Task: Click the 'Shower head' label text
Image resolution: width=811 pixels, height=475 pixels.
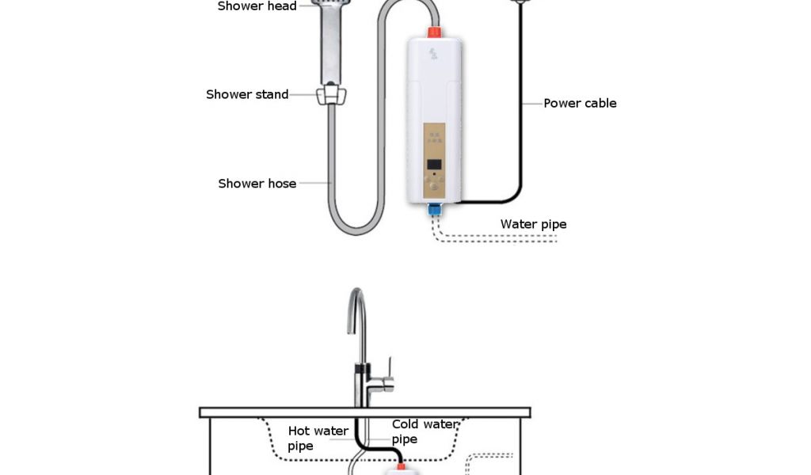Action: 257,6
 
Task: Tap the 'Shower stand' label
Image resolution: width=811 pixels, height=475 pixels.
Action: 247,94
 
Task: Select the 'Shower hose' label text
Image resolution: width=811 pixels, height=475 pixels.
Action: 257,184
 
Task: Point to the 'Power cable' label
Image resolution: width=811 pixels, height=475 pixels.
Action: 580,103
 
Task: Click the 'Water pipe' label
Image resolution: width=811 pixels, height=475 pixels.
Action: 533,224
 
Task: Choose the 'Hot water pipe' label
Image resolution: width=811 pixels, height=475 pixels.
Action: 317,438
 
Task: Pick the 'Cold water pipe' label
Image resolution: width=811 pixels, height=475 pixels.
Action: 424,431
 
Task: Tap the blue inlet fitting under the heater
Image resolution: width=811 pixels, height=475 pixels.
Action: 434,210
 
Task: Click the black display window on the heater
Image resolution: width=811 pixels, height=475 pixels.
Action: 434,165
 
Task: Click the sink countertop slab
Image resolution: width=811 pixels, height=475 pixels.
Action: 364,412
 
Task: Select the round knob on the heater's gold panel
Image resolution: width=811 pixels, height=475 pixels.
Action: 433,189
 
